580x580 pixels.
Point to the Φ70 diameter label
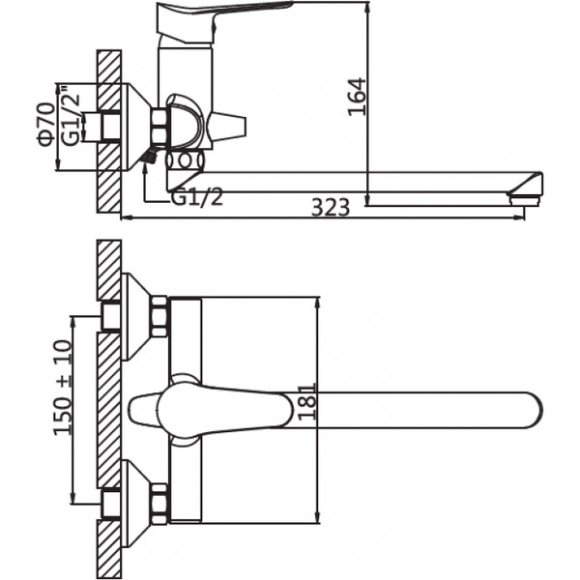click(x=44, y=127)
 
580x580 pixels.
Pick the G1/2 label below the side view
click(x=197, y=197)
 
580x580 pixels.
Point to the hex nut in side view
click(x=159, y=126)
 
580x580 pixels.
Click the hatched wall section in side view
click(x=108, y=135)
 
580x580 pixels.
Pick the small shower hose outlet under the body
click(x=150, y=155)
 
